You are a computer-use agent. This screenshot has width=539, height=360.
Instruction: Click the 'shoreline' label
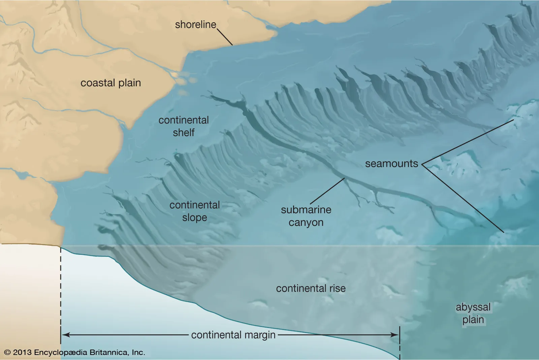195,25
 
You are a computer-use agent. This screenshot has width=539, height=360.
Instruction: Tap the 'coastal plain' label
110,83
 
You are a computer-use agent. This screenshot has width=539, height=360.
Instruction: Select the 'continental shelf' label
184,126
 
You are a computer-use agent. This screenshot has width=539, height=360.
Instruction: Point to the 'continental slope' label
194,211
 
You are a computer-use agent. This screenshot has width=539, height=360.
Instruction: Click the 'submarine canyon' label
306,216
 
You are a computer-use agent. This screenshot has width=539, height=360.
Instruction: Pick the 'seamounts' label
391,164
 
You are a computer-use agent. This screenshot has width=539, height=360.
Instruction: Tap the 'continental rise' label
311,289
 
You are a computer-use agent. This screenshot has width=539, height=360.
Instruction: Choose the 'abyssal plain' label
473,313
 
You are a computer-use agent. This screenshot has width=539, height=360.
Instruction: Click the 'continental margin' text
233,335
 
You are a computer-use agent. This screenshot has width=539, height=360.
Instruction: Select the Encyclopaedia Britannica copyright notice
74,353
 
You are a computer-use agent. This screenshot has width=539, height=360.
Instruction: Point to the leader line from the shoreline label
225,37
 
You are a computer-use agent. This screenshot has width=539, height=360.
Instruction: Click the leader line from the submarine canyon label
327,191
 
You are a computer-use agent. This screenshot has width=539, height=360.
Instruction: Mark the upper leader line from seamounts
468,142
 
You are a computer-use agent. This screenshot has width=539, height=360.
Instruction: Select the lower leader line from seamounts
465,199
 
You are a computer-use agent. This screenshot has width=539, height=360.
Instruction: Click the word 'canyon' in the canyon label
306,223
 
